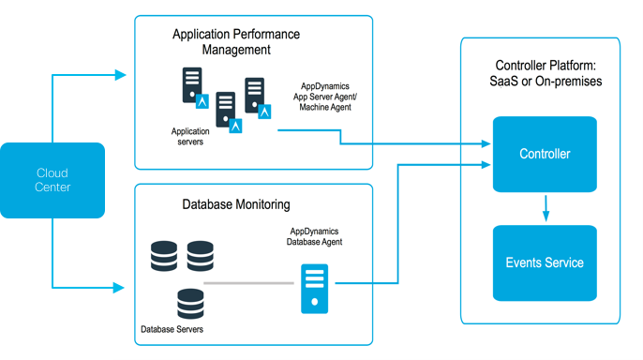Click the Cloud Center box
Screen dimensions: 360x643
click(x=52, y=180)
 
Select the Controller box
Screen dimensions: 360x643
click(x=545, y=154)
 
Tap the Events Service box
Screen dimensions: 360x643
click(x=545, y=262)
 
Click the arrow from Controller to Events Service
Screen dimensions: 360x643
click(x=546, y=208)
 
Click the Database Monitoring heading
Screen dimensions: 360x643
click(x=236, y=203)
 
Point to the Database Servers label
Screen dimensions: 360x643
click(x=172, y=330)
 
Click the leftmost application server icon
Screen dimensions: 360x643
click(x=191, y=87)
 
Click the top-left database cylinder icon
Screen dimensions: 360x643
click(x=164, y=254)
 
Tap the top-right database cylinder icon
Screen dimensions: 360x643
click(x=200, y=254)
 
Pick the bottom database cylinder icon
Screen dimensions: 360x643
click(x=191, y=302)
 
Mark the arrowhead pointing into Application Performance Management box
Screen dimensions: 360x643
click(x=122, y=72)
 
